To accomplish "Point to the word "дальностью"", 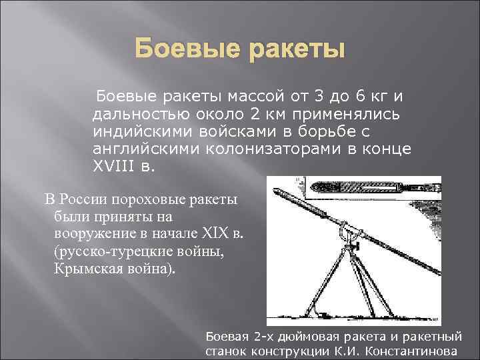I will coord(137,115).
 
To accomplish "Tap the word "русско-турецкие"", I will coord(105,251).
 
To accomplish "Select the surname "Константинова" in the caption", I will coord(415,351).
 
